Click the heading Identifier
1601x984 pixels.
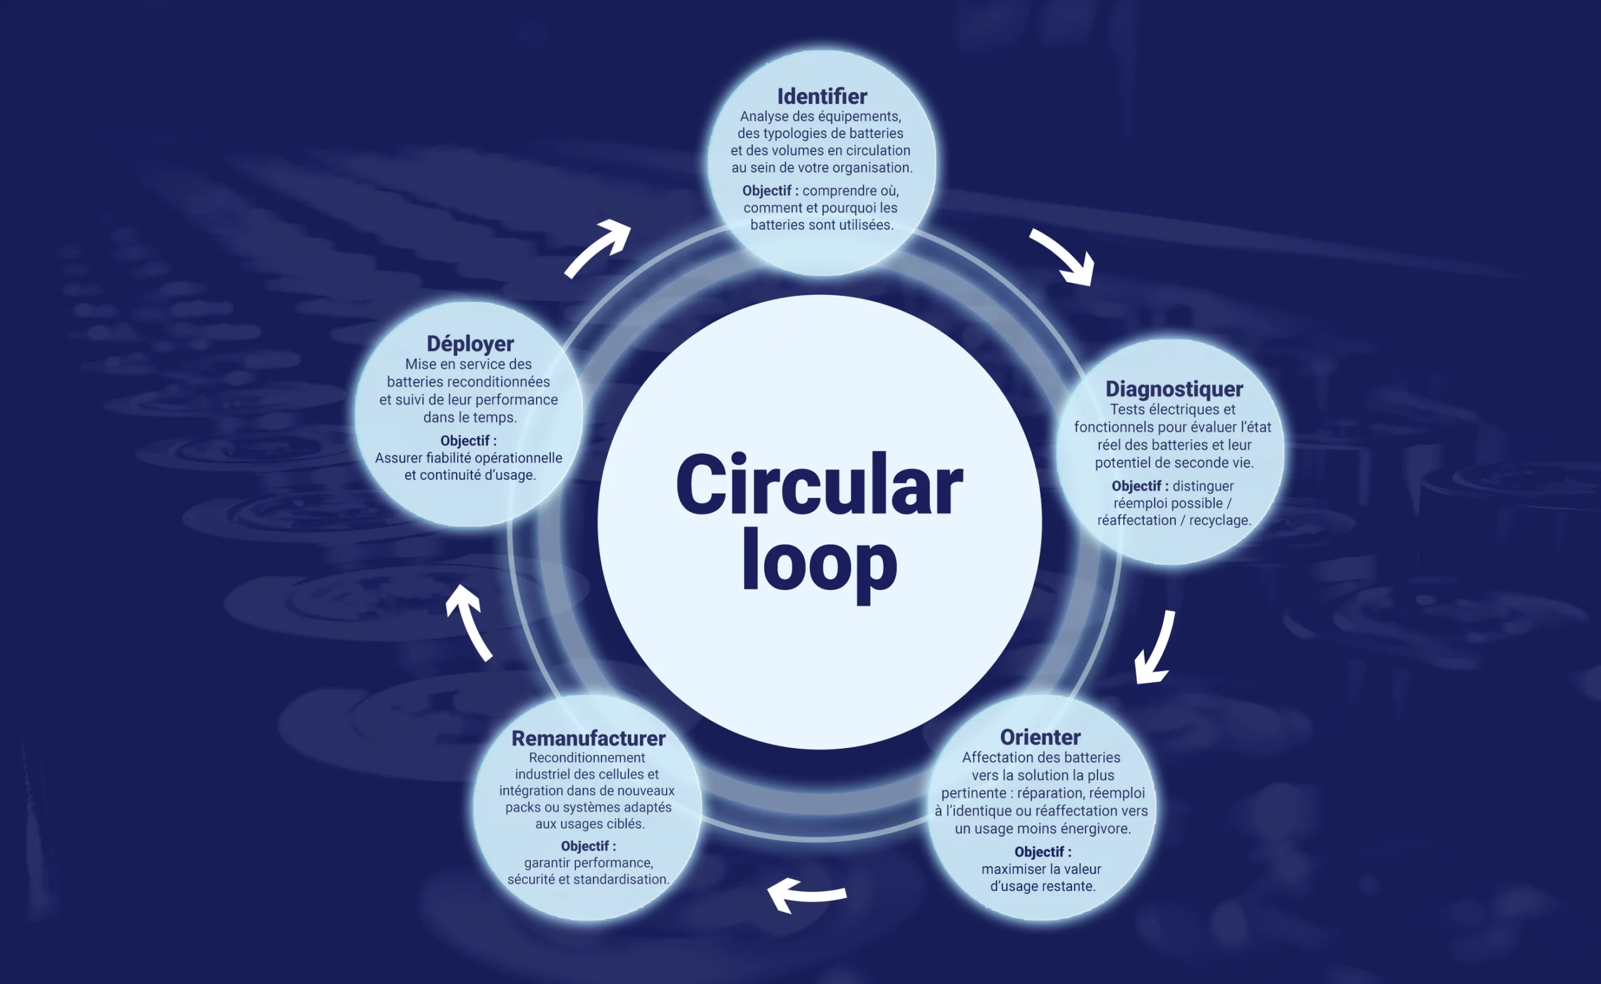click(x=822, y=96)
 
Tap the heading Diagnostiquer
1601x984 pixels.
click(x=1174, y=388)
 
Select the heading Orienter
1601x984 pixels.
click(x=1039, y=737)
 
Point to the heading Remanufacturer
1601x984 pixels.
click(x=588, y=738)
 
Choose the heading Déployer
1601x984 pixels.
click(x=470, y=343)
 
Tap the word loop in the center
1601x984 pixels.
click(x=819, y=563)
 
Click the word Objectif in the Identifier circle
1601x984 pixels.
click(x=766, y=191)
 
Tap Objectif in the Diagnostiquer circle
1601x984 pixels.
click(x=1135, y=485)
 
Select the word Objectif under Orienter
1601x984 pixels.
click(x=1038, y=851)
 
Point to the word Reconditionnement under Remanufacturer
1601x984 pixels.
click(x=587, y=757)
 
